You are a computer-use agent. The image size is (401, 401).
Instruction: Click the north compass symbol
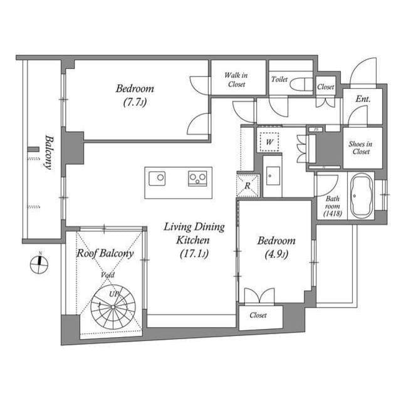(x=39, y=264)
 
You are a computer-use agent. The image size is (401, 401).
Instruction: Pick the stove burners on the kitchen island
(x=198, y=179)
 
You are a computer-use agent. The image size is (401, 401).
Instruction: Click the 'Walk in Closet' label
(x=236, y=80)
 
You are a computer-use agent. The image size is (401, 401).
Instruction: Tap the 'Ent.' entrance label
(x=362, y=99)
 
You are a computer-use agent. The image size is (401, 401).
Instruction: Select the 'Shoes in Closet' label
(x=361, y=147)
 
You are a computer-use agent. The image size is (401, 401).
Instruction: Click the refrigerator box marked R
(x=248, y=185)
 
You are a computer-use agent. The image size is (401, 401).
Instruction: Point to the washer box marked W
(x=269, y=142)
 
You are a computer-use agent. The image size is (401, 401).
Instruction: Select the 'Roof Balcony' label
(x=105, y=253)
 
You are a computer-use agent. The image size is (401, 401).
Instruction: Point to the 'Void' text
(x=108, y=274)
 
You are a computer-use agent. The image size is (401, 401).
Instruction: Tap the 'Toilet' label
(x=279, y=80)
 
